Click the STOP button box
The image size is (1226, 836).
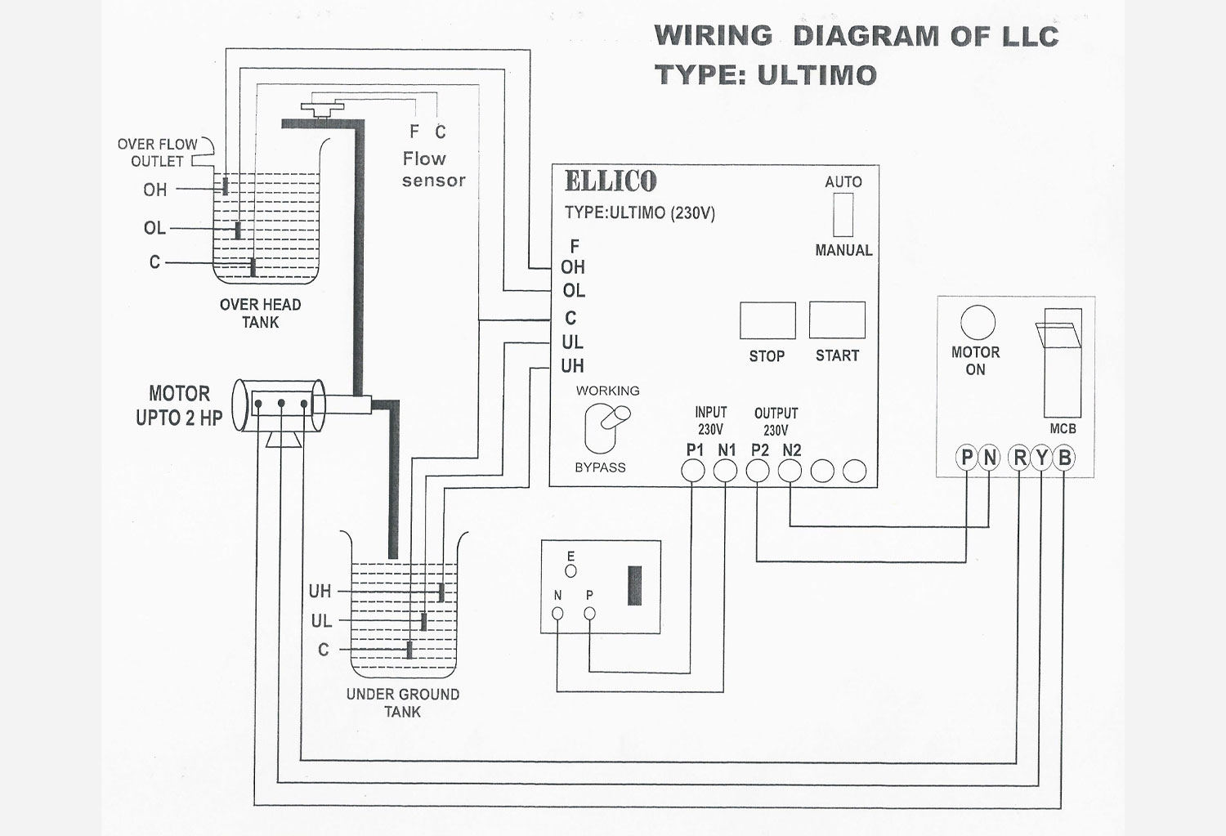coord(767,320)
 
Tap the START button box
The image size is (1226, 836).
coord(837,320)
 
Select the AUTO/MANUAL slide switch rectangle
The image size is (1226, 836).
coord(843,214)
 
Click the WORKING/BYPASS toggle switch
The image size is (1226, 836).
coord(606,428)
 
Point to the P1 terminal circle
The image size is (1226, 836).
coord(692,471)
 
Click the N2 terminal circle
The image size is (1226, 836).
coord(790,471)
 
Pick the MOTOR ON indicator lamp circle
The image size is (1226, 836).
coord(978,322)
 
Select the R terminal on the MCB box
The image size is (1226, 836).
coord(1020,458)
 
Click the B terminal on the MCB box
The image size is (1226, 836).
coord(1064,458)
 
